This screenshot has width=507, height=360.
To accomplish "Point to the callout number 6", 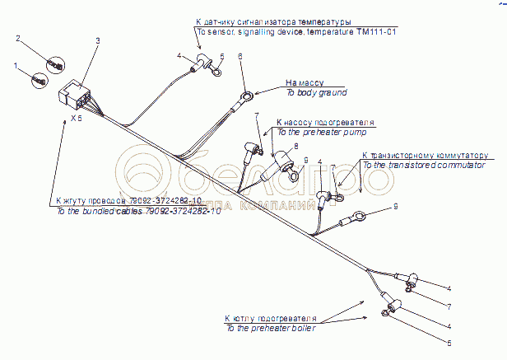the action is [x=240, y=56].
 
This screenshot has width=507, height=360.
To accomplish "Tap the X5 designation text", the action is [x=76, y=119].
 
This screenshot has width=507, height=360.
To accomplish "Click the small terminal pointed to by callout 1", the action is [x=38, y=80].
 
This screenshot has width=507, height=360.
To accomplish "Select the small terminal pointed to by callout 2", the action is [x=55, y=63].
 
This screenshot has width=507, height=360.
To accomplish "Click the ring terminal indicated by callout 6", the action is [x=245, y=97].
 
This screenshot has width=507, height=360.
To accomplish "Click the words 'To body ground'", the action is [x=317, y=93].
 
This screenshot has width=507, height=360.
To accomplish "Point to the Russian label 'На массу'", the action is [x=305, y=83].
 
